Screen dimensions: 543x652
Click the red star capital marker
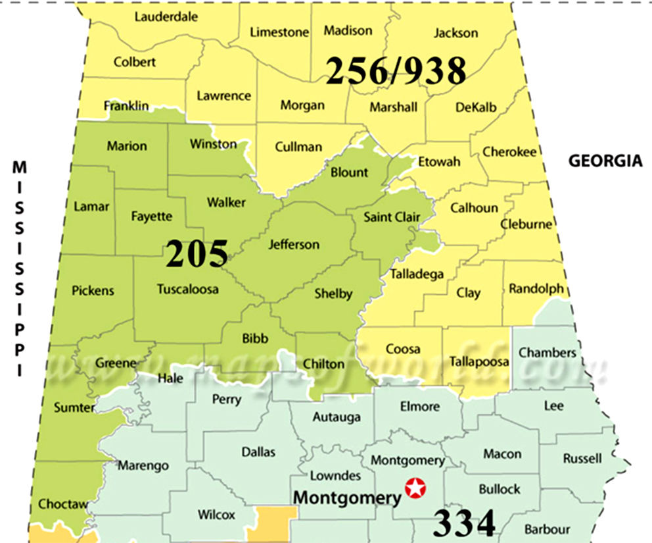[x=416, y=488]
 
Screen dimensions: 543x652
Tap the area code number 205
[x=197, y=254]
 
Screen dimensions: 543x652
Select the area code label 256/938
[x=396, y=70]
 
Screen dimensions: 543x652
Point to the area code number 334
[x=464, y=524]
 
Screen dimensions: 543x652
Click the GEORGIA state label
[x=605, y=161]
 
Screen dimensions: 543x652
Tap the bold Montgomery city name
[x=346, y=497]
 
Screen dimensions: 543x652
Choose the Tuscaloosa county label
[x=188, y=289]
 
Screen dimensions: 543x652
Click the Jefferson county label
[x=294, y=244]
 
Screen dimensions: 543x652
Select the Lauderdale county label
[x=166, y=17]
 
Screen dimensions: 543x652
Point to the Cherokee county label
[x=509, y=151]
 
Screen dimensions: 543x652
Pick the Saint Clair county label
[x=392, y=217]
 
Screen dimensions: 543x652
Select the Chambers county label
[x=547, y=352]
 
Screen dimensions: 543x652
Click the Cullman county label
[x=298, y=146]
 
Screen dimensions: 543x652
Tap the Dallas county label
[x=258, y=452]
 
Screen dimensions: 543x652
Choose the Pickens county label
[x=93, y=290]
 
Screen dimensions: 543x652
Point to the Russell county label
[x=582, y=458]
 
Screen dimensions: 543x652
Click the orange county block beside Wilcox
[x=272, y=524]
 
